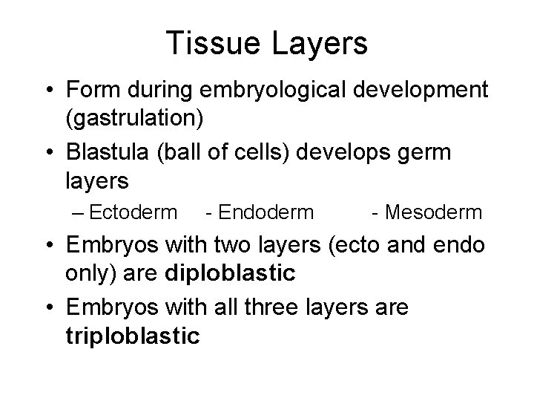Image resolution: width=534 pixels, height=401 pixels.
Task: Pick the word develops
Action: [x=351, y=152]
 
